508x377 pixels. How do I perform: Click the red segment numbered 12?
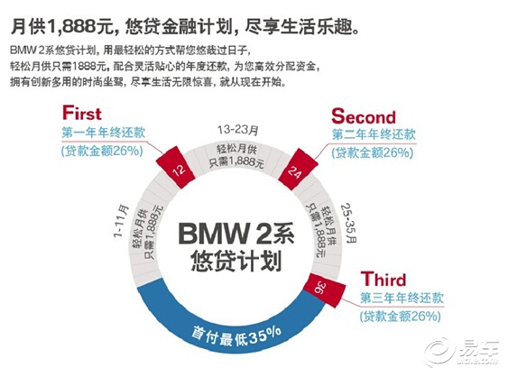point(175,168)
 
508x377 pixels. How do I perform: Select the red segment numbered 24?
point(298,169)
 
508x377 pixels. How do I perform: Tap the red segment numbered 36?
point(324,290)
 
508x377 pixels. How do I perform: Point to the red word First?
point(82,113)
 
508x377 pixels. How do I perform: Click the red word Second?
point(364,116)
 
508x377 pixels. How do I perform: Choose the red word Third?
point(383,279)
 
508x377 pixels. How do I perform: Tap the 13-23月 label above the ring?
point(238,130)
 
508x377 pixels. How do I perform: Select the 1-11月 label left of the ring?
point(121,221)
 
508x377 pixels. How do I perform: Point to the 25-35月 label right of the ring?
point(349,223)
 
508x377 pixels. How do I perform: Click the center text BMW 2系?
point(236,234)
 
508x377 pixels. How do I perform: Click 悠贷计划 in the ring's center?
point(236,261)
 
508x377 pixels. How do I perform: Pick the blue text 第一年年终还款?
point(104,133)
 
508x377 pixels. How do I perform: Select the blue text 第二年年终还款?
point(374,134)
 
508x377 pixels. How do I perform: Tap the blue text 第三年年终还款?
point(402,298)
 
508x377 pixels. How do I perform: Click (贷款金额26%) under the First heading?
point(102,152)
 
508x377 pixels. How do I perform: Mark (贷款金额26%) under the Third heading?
point(401,316)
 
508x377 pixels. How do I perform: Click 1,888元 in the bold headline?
point(80,26)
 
